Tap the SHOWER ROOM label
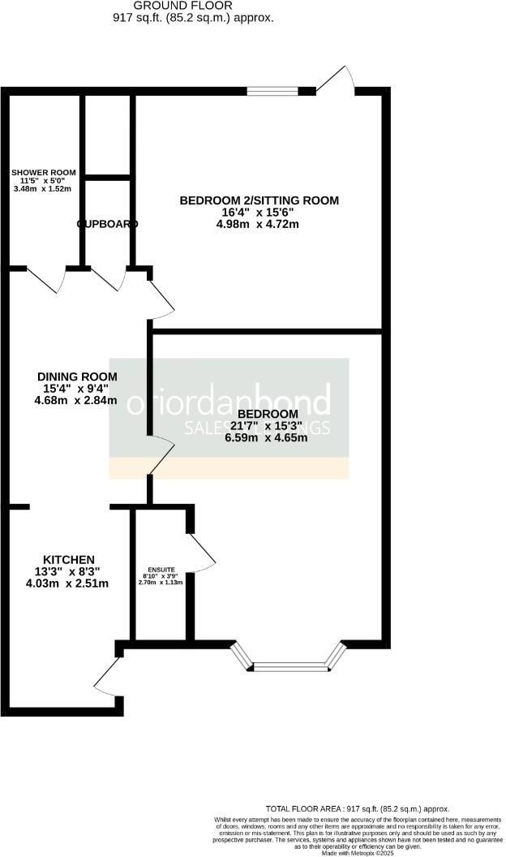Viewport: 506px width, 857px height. click(44, 172)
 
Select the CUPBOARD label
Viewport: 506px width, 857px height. click(108, 223)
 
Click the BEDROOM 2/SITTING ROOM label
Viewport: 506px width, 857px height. click(259, 200)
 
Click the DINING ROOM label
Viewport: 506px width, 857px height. click(77, 377)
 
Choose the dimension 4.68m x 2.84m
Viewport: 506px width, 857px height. click(77, 400)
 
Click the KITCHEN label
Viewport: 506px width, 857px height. click(69, 560)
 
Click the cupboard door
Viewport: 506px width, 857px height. click(109, 280)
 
